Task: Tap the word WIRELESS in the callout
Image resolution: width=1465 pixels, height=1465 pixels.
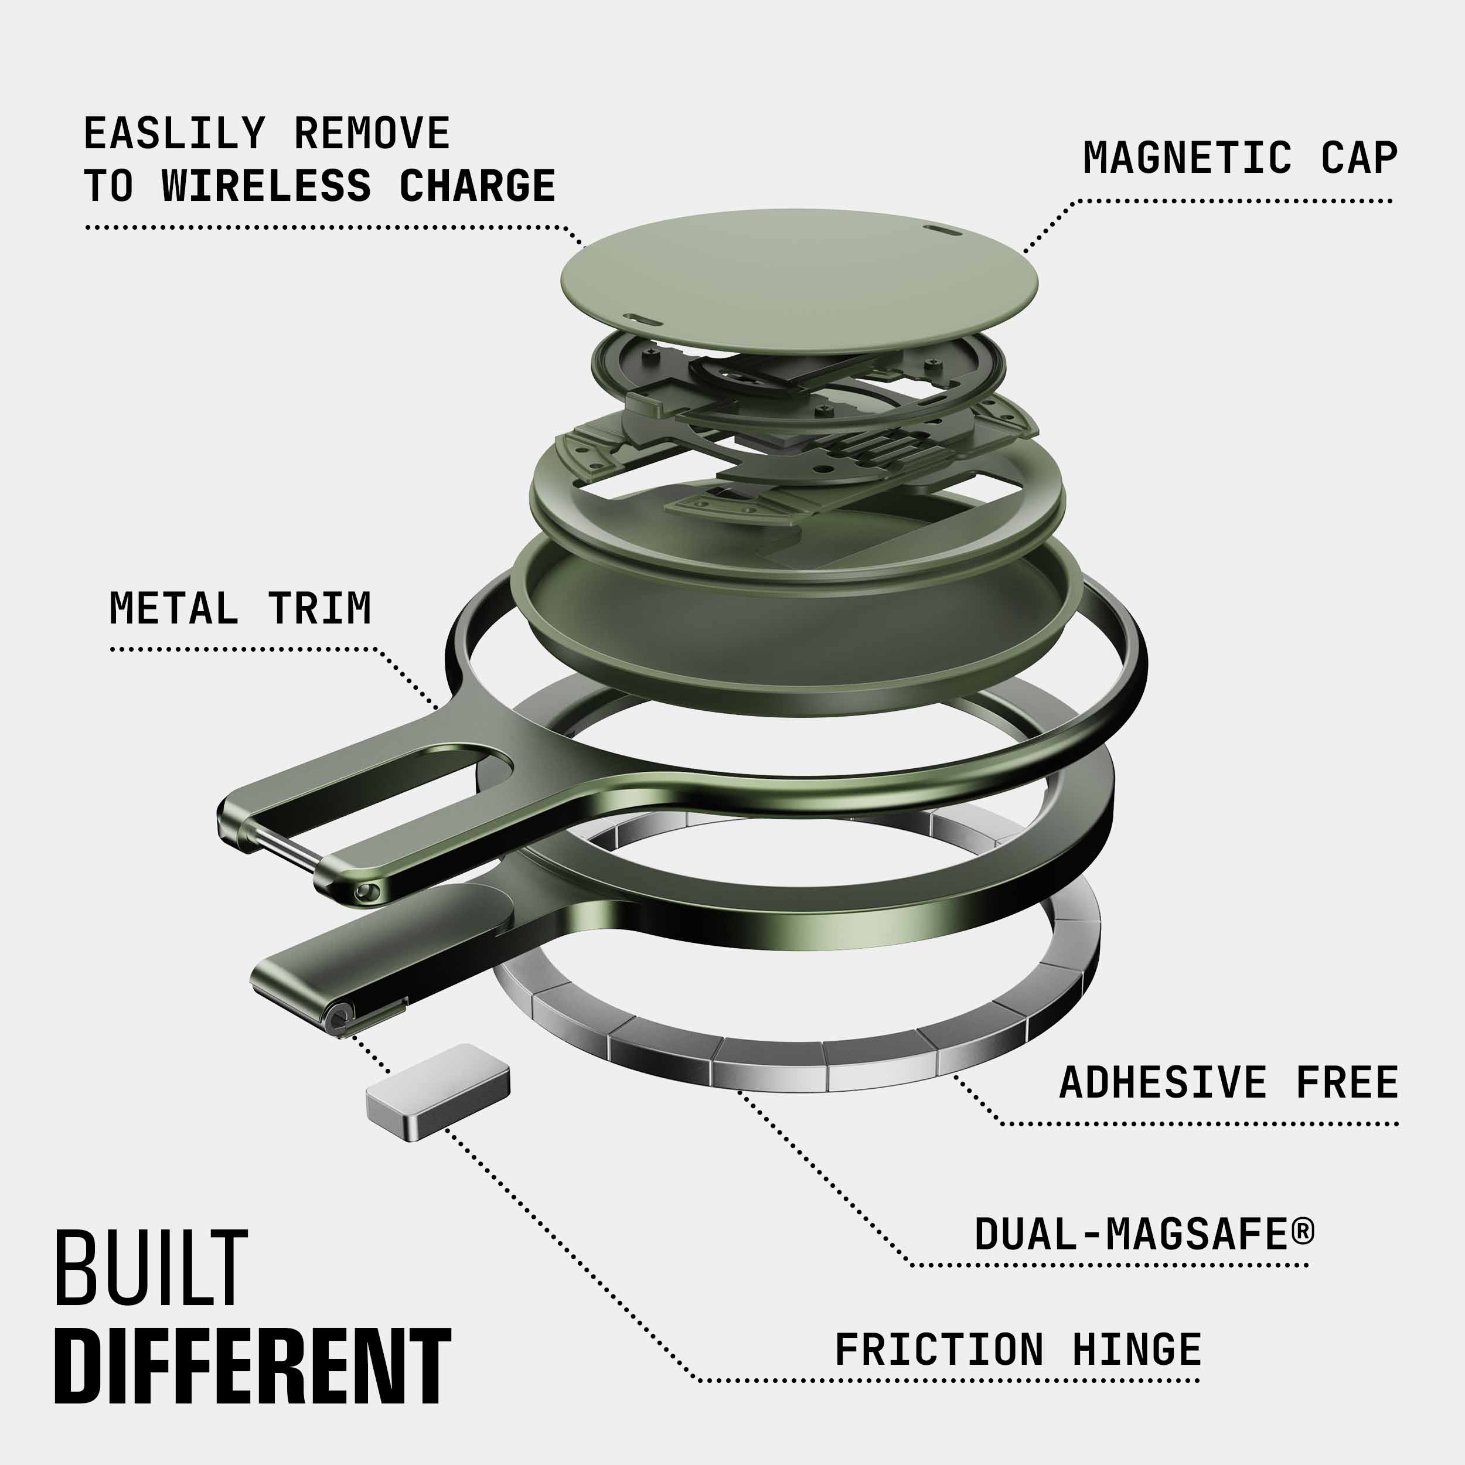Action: pyautogui.click(x=266, y=186)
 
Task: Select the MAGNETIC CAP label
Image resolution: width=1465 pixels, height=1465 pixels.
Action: pyautogui.click(x=1240, y=158)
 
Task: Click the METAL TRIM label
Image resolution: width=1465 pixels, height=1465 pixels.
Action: pyautogui.click(x=240, y=608)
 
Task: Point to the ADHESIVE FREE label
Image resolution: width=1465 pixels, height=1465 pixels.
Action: pyautogui.click(x=1228, y=1082)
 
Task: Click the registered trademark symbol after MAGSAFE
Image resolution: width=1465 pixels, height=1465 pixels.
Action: pyautogui.click(x=1302, y=1231)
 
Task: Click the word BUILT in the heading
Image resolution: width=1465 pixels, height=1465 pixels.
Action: pyautogui.click(x=151, y=1269)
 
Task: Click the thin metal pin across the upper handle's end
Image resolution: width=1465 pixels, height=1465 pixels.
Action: pyautogui.click(x=286, y=849)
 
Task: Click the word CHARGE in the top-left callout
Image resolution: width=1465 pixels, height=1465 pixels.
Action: pyautogui.click(x=477, y=186)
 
